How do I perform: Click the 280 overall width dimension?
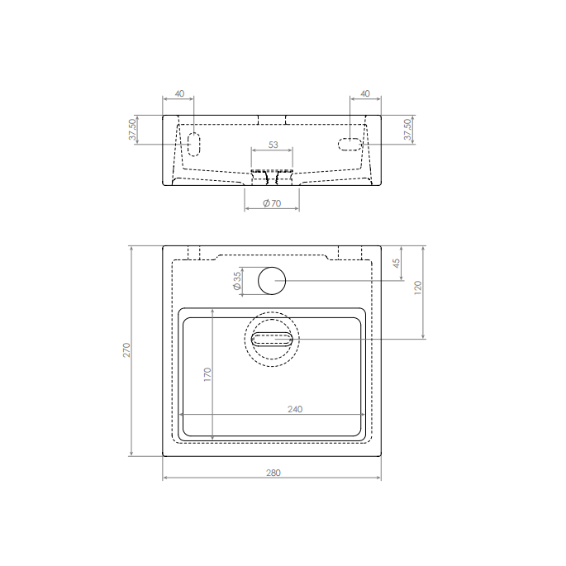(x=273, y=473)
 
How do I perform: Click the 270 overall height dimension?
(x=126, y=350)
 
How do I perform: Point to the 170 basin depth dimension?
(x=207, y=374)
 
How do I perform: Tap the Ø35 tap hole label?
(x=237, y=282)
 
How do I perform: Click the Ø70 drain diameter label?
(x=272, y=203)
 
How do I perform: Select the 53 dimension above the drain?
(x=273, y=145)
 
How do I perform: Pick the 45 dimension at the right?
(x=397, y=263)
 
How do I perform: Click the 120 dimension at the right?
(x=418, y=288)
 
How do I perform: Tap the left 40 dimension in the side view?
(x=179, y=94)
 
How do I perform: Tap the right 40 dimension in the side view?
(x=365, y=94)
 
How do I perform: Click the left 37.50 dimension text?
(x=131, y=130)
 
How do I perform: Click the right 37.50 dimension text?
(x=407, y=130)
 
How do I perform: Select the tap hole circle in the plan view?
(x=271, y=281)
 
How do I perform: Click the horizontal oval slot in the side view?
(x=350, y=145)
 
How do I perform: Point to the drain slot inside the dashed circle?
(x=272, y=338)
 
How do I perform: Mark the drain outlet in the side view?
(x=272, y=177)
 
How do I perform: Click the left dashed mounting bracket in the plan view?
(x=195, y=253)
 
